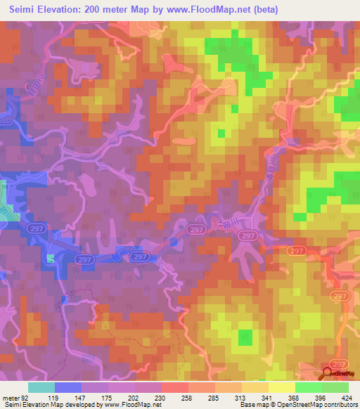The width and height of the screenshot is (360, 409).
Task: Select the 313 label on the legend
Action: [x=240, y=397]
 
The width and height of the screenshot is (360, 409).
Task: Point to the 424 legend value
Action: [x=347, y=397]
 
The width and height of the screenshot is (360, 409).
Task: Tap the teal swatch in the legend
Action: [x=41, y=387]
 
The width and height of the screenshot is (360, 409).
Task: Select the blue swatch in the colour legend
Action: [x=67, y=387]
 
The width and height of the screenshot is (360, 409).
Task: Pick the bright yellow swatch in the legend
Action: [x=281, y=387]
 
